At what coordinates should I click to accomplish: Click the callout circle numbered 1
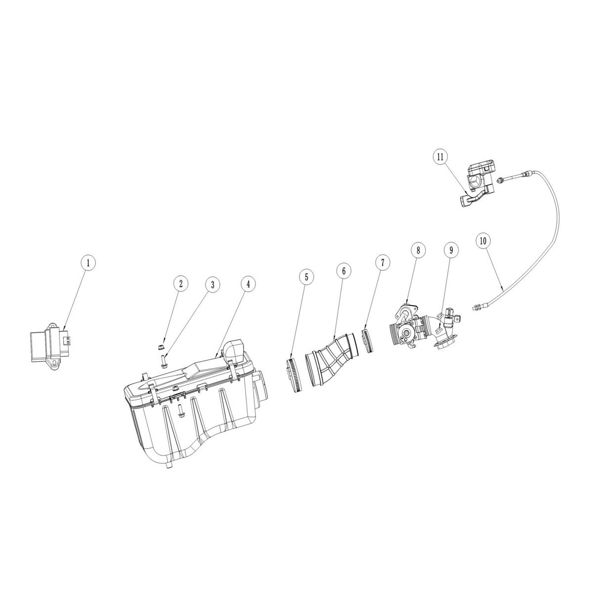click(88, 263)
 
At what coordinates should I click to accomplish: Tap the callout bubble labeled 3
click(212, 285)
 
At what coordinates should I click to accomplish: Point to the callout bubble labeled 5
click(306, 277)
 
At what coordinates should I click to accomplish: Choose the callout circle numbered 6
click(343, 270)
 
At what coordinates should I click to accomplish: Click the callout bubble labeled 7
click(382, 263)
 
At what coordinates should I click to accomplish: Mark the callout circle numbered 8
click(418, 250)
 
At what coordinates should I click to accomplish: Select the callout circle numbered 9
click(451, 250)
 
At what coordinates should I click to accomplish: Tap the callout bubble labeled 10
click(483, 241)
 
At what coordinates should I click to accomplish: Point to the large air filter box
click(193, 410)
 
